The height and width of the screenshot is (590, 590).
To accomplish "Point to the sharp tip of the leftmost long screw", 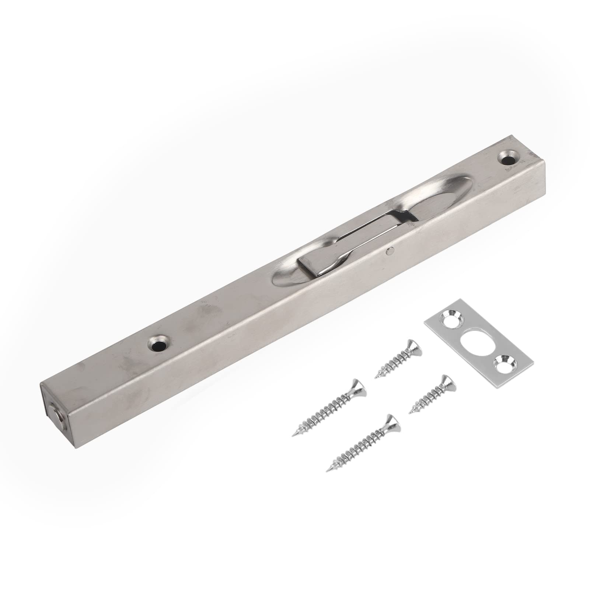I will [294, 435].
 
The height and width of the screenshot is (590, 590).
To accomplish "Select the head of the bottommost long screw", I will [392, 425].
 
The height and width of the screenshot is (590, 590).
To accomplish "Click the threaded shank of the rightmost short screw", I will [427, 399].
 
